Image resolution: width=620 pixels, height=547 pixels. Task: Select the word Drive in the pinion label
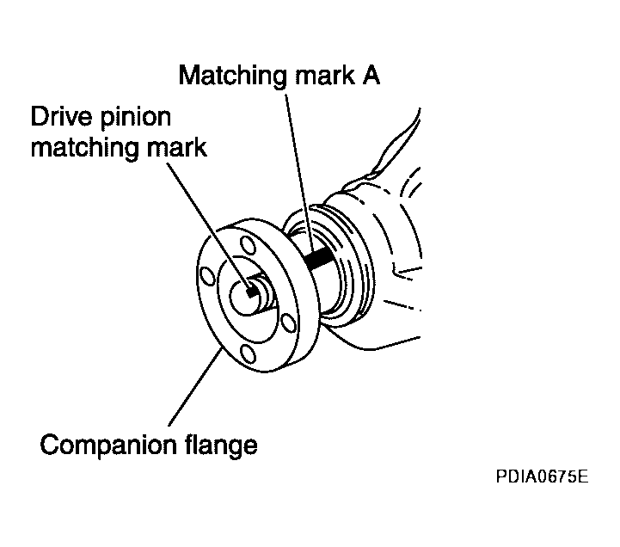coord(63,116)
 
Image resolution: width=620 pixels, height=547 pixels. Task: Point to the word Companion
coord(105,446)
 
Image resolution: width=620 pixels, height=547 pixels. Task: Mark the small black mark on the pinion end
coord(251,291)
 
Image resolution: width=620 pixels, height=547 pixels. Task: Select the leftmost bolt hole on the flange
coord(206,275)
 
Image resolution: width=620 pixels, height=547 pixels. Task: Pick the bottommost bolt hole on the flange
coord(249,353)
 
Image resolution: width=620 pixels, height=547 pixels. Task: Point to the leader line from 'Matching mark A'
coord(301,172)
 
